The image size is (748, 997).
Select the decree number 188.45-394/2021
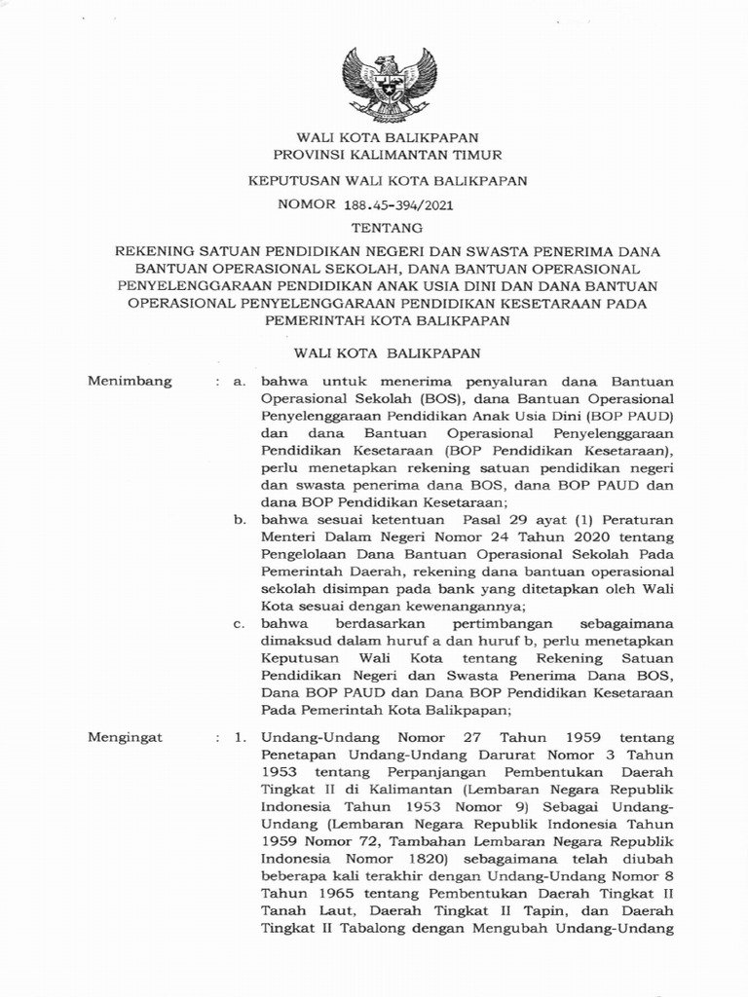click(399, 205)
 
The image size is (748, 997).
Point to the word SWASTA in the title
click(462, 250)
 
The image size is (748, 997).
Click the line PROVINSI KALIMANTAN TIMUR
click(374, 156)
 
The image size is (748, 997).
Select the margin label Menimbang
click(130, 382)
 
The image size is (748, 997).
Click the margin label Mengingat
click(127, 738)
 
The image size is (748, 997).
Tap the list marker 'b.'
click(240, 520)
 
